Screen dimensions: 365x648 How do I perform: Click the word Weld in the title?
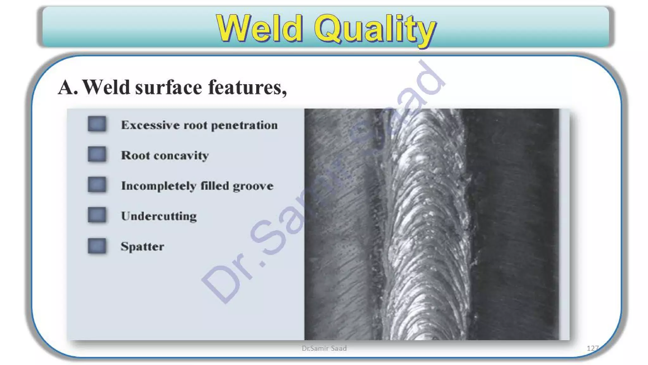tap(259, 29)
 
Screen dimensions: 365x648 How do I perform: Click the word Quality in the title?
tap(375, 29)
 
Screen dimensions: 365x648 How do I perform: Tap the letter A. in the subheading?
tap(68, 87)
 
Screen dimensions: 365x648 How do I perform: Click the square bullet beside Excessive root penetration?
tap(97, 124)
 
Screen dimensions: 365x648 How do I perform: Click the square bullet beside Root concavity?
tap(97, 154)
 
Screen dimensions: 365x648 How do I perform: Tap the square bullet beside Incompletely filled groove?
tap(97, 185)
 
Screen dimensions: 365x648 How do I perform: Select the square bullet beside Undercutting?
tap(97, 215)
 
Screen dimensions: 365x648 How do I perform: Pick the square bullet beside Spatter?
tap(97, 246)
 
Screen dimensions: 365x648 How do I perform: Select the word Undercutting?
tap(159, 216)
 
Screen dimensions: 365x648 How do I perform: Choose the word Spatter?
tap(142, 247)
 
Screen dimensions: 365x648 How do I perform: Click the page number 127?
tap(592, 348)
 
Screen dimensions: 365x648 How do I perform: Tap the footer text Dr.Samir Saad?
tap(324, 349)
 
